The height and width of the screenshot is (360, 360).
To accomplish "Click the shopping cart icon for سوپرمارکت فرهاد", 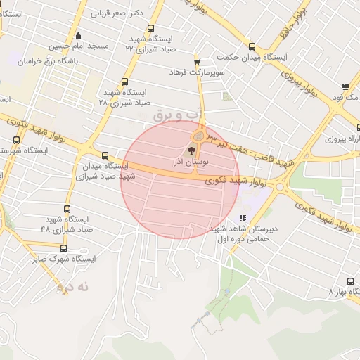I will click(196, 61).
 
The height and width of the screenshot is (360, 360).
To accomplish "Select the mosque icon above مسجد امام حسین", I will click(78, 35).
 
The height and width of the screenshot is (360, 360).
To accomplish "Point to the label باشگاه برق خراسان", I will click(63, 61).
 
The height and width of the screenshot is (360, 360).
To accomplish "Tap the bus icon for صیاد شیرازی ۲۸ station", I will click(125, 82).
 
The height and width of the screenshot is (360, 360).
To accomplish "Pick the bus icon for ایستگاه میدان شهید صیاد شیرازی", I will click(105, 156).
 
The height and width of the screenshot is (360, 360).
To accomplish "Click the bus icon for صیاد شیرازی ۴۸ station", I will click(67, 209).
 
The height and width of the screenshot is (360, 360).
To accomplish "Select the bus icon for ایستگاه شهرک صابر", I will click(63, 248).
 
